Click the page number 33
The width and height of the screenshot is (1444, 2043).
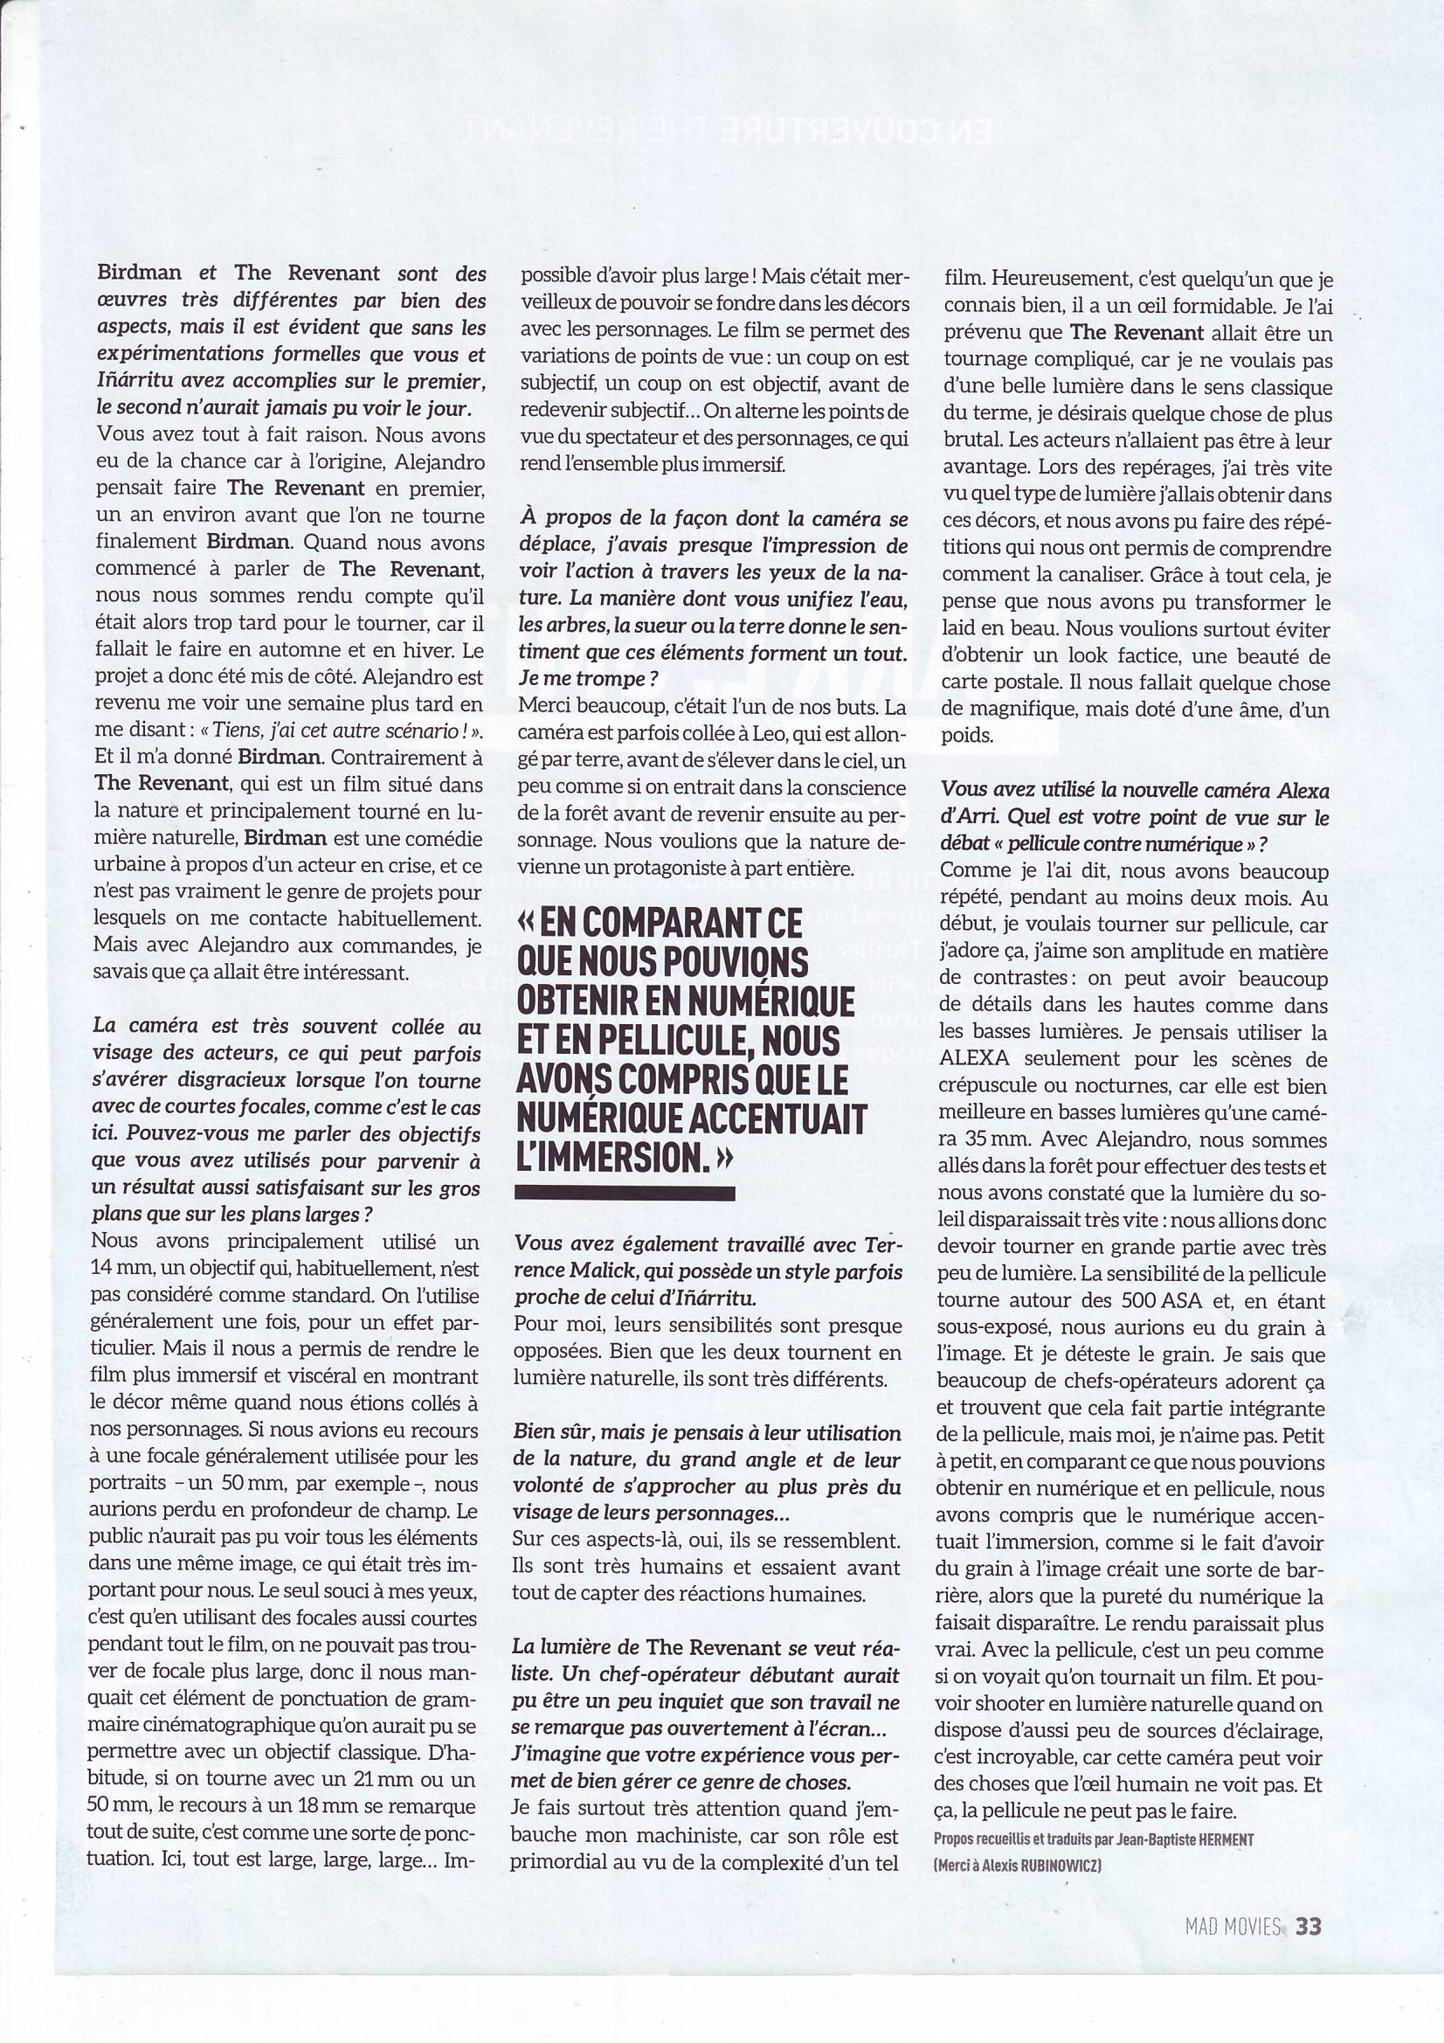point(1308,1923)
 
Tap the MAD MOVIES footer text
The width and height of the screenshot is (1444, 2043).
point(1233,1924)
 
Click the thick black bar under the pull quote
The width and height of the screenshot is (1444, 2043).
point(625,1193)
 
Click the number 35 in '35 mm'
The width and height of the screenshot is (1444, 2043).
point(979,1139)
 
